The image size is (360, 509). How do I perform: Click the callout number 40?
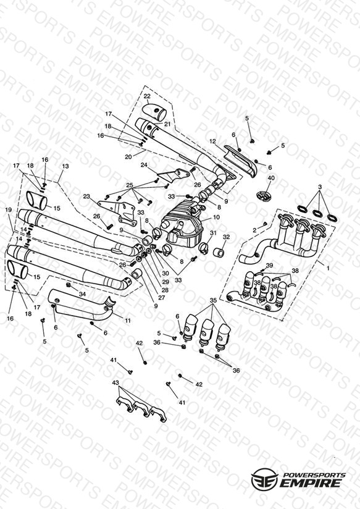click(x=270, y=178)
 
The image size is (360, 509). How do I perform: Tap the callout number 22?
click(x=147, y=96)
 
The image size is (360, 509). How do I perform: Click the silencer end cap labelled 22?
click(x=155, y=111)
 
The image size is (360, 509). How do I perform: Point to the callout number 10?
click(x=216, y=217)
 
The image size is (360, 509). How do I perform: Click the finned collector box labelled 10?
click(x=182, y=221)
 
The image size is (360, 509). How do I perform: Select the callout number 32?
click(x=226, y=237)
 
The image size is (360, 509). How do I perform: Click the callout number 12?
click(x=212, y=141)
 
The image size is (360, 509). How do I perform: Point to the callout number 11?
click(x=128, y=321)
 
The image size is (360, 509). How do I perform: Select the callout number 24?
click(x=144, y=165)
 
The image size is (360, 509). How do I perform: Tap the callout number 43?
click(x=115, y=383)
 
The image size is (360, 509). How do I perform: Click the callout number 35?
click(x=213, y=301)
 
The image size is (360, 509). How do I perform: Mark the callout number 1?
click(x=328, y=269)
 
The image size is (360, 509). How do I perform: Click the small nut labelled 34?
click(x=69, y=285)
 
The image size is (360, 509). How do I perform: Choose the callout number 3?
click(x=320, y=187)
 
